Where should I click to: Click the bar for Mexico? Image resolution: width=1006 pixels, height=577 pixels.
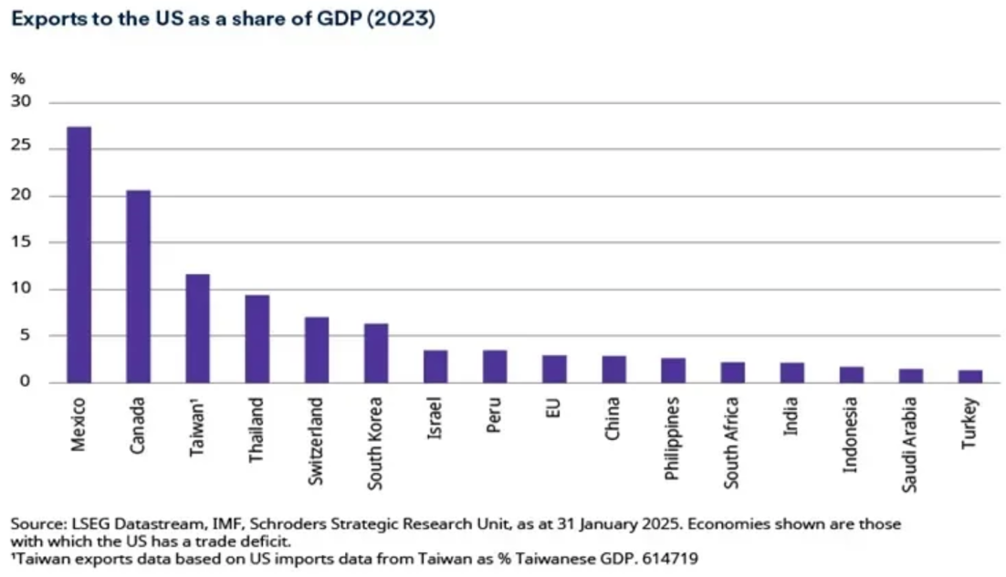[79, 255]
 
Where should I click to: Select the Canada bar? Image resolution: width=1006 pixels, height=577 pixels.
[139, 287]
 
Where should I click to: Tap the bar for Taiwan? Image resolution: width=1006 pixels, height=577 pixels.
[198, 329]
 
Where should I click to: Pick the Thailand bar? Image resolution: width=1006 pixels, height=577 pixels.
[257, 339]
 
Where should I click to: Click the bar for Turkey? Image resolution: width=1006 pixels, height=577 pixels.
[969, 376]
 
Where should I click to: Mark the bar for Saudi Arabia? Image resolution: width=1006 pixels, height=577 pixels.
[910, 375]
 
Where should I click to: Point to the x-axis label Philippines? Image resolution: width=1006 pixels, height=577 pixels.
[674, 437]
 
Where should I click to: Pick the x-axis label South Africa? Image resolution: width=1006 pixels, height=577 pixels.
[733, 443]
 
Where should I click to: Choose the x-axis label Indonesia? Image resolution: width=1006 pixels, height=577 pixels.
[852, 434]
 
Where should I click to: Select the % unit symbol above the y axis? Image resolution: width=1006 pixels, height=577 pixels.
[17, 78]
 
